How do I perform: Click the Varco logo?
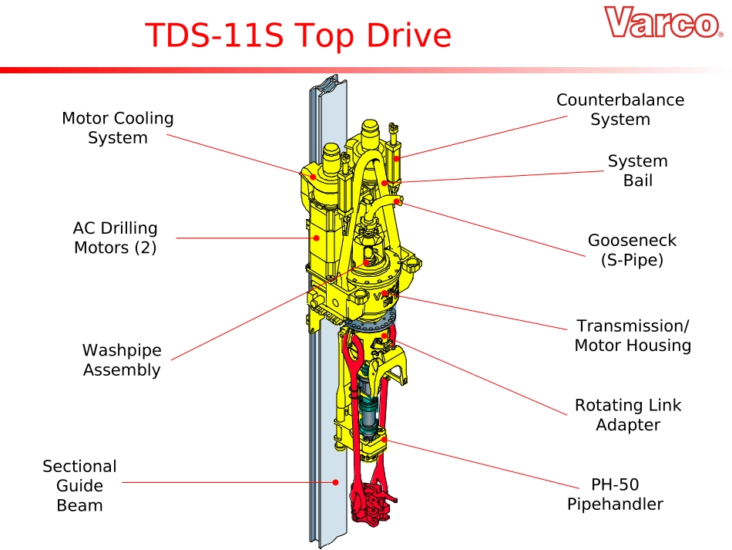tap(663, 23)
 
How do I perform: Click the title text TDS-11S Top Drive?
tap(298, 35)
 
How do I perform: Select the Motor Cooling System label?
tap(118, 128)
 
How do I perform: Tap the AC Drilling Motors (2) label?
tap(116, 238)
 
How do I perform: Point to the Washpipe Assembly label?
tap(122, 359)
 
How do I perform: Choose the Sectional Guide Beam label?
tap(79, 486)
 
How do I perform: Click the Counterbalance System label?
tap(620, 110)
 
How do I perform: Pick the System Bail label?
tap(637, 170)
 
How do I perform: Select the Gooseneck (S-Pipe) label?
tap(632, 250)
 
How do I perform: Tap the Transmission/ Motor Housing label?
tap(633, 336)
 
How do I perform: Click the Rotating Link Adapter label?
tap(628, 415)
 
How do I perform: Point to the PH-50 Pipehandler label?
tap(615, 494)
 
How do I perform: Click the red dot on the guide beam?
tap(336, 483)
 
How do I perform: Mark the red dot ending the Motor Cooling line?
tap(313, 176)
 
